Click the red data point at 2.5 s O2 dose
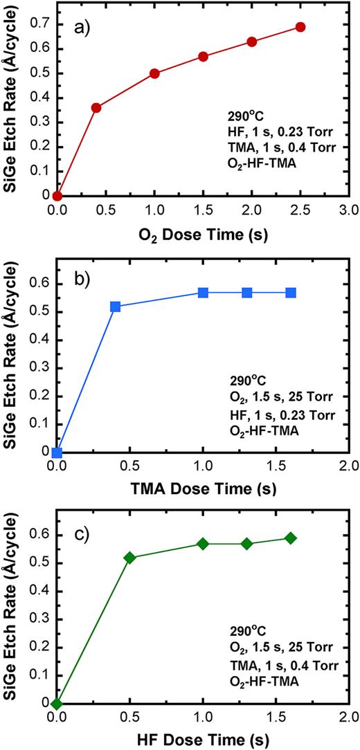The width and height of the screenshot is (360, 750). pyautogui.click(x=300, y=27)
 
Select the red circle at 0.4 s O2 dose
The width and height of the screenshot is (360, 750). pyautogui.click(x=96, y=108)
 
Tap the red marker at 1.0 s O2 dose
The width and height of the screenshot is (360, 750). pyautogui.click(x=154, y=73)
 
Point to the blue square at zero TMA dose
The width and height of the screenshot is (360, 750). pyautogui.click(x=57, y=453)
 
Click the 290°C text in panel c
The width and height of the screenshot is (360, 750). pyautogui.click(x=249, y=631)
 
